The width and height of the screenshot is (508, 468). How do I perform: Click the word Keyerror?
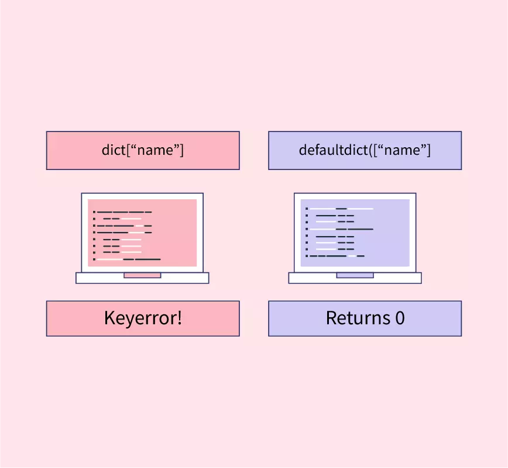143,318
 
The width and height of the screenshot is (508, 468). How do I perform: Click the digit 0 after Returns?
400,318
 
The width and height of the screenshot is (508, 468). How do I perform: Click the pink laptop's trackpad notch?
142,275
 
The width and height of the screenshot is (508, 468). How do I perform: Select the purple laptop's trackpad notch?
355,275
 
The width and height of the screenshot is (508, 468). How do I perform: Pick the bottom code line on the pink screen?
128,258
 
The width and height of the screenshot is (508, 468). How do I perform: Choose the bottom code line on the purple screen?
337,255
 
